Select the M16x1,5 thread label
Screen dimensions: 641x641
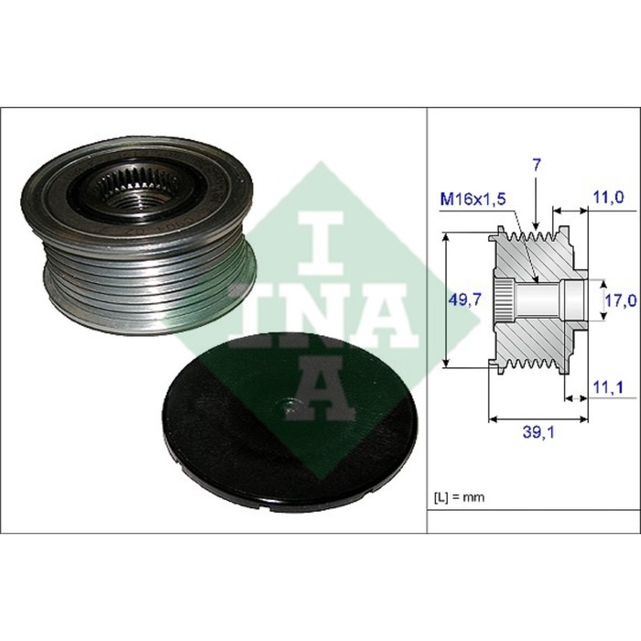[473, 199]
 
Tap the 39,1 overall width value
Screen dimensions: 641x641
[538, 432]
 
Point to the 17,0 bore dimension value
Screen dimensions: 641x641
[621, 300]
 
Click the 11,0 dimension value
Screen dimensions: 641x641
[608, 198]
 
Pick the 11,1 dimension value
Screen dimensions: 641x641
[608, 386]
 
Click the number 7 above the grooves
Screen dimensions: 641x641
[537, 165]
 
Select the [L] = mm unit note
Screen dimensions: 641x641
[459, 497]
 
